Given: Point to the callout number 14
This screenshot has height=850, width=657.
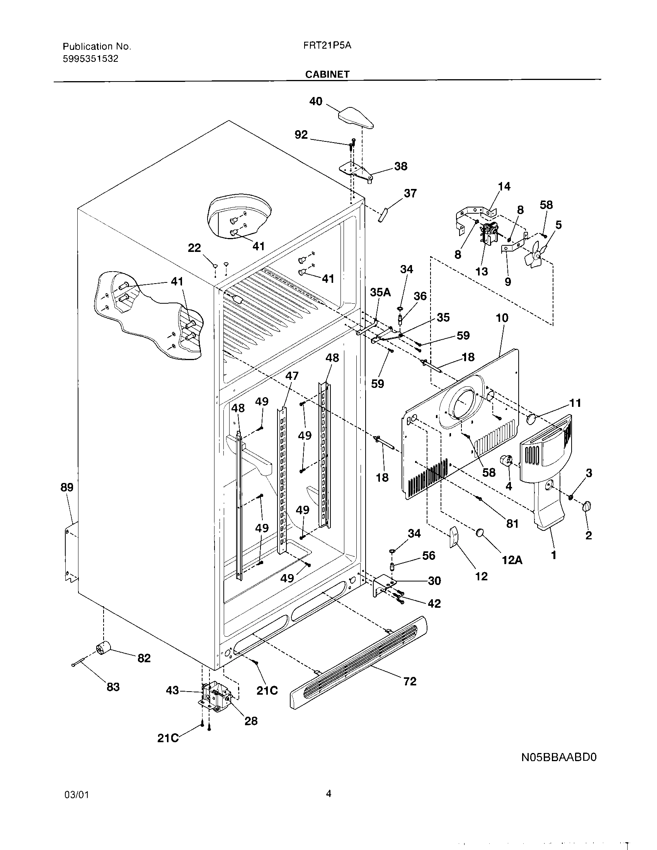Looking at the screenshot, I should (504, 187).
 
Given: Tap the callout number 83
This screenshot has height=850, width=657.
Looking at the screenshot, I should (113, 687).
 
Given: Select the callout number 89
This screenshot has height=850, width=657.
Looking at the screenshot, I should (67, 487).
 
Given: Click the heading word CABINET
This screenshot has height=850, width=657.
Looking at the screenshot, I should (327, 74).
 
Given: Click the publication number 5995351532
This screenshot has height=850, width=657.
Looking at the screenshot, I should (91, 59).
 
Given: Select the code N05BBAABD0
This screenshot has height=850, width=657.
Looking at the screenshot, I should (559, 757).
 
